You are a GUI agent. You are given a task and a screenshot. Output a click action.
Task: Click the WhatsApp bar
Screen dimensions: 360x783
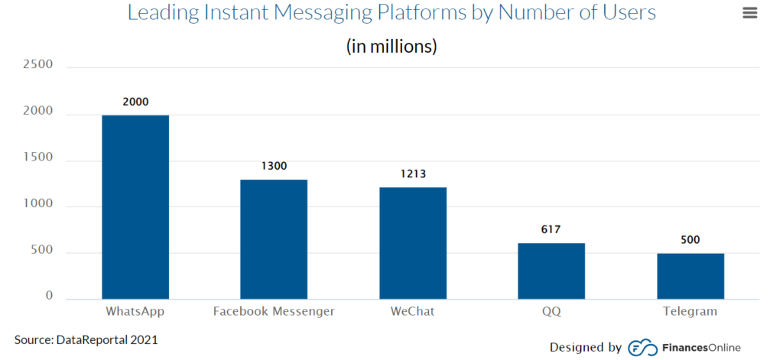[135, 206]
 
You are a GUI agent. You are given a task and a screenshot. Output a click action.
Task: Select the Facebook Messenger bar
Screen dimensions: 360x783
[274, 238]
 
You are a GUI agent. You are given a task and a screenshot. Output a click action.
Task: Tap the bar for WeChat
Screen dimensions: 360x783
[413, 242]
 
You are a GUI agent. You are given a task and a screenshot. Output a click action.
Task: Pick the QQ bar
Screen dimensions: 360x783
[551, 271]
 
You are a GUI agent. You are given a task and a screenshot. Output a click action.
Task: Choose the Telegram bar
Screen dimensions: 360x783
[690, 275]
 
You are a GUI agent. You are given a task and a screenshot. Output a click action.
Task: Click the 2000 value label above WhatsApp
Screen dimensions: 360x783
[135, 102]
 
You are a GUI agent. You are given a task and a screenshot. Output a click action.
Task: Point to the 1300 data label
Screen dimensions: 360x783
[274, 166]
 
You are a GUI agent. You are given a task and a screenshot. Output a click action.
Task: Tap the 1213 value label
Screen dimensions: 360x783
[413, 174]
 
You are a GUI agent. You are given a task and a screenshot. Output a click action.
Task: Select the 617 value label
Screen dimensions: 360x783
[551, 229]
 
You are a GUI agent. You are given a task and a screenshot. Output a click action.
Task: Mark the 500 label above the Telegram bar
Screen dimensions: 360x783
[690, 239]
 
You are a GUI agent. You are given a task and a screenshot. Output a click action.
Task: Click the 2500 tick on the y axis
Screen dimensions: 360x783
[37, 64]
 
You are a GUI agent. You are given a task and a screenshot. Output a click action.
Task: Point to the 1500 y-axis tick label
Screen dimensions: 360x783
[37, 157]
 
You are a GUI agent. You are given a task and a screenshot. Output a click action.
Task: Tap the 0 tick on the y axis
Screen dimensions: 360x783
[48, 295]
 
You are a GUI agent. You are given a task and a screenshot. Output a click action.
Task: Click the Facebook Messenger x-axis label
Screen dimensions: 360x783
[274, 312]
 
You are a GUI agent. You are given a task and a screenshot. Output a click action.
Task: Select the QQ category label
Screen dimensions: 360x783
[551, 312]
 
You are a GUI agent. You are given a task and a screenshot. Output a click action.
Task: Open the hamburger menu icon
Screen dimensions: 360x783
[749, 13]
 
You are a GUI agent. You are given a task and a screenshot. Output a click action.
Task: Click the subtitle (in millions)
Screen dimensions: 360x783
[391, 46]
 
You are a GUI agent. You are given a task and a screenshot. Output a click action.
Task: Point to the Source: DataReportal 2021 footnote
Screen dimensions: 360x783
[86, 339]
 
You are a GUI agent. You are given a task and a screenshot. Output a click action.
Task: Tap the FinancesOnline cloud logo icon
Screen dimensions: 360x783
[642, 348]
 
